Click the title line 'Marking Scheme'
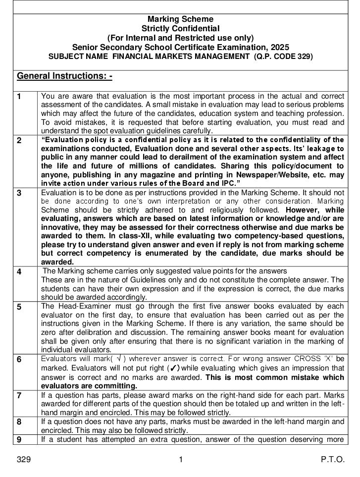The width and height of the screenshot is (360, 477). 180,19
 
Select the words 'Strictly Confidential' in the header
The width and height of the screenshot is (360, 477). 180,29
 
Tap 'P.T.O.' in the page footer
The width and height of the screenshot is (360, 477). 332,460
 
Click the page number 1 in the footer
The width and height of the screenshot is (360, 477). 181,460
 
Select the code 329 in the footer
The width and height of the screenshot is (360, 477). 24,460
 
